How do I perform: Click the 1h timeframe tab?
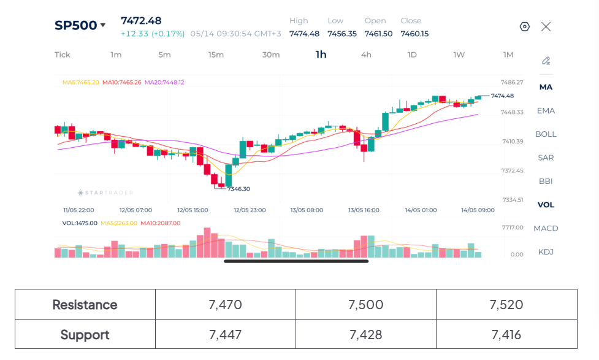(321, 55)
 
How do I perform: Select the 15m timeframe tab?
(216, 55)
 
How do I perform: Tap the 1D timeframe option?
(412, 55)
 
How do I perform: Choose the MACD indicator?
(546, 228)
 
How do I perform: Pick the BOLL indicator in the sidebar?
(546, 134)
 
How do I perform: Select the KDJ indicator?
(546, 252)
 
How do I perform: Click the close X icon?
(546, 26)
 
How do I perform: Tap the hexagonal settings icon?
(524, 26)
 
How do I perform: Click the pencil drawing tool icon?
(546, 61)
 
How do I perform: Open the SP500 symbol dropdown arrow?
(103, 25)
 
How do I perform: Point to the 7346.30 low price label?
(238, 189)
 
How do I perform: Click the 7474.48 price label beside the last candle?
(502, 96)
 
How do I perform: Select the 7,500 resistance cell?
(365, 305)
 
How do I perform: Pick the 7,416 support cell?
(506, 334)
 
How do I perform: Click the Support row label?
(85, 335)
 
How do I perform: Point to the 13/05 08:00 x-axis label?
(307, 210)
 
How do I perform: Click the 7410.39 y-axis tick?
(513, 142)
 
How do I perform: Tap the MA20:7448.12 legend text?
(164, 82)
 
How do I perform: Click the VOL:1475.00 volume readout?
(80, 223)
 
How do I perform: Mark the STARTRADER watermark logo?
(105, 193)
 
